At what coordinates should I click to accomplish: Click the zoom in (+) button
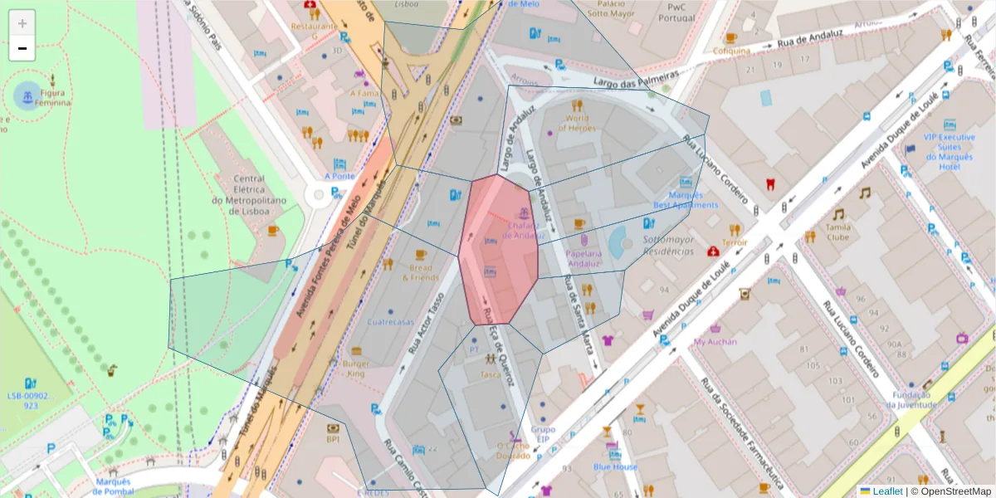(x=22, y=23)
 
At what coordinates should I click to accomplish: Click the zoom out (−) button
(x=22, y=48)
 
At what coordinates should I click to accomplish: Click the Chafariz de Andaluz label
(x=520, y=230)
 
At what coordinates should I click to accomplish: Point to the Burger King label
(x=354, y=369)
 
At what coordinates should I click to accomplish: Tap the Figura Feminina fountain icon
(x=27, y=97)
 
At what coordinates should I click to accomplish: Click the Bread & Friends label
(x=420, y=272)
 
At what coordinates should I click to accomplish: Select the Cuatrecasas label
(x=390, y=322)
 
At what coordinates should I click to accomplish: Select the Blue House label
(x=615, y=466)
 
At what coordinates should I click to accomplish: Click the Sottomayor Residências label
(x=667, y=245)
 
